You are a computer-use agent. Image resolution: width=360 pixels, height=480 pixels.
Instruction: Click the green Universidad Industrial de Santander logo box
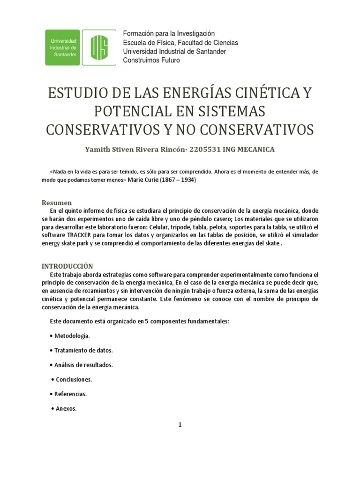coord(63,47)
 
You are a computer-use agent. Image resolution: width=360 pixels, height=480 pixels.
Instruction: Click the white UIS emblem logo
coord(99,47)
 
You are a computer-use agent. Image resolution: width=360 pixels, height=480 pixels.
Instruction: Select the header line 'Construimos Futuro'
coord(151,60)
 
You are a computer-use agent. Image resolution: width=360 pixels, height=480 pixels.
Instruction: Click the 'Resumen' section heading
coord(57,203)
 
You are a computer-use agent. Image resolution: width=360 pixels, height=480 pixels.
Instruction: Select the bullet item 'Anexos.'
coord(66,408)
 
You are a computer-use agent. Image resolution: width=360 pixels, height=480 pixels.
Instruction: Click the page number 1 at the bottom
coord(180,425)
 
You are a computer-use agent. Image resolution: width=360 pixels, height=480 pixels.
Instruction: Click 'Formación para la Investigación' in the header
coord(168,34)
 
